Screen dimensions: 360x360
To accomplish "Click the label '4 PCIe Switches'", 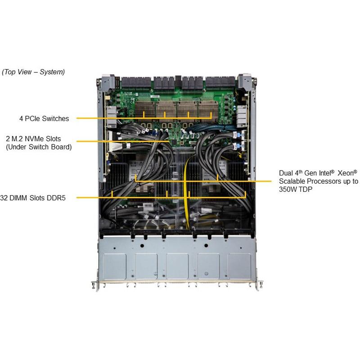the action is [44, 119].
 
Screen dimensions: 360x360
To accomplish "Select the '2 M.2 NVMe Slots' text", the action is [33, 139].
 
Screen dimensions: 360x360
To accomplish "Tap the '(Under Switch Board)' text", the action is [39, 147].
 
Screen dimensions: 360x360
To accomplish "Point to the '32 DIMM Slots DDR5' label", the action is [33, 198].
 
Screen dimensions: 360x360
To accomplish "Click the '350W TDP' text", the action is [296, 189].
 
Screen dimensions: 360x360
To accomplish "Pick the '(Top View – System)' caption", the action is [33, 72].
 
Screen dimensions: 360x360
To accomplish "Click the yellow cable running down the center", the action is [186, 193].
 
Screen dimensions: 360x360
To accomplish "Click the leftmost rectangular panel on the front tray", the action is [115, 266].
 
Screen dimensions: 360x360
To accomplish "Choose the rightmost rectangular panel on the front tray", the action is [239, 266].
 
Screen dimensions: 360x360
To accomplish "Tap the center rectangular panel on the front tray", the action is [177, 266].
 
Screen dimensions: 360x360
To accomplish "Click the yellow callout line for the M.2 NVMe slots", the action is [123, 141].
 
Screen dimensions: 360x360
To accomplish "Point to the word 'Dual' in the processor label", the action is [286, 173].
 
